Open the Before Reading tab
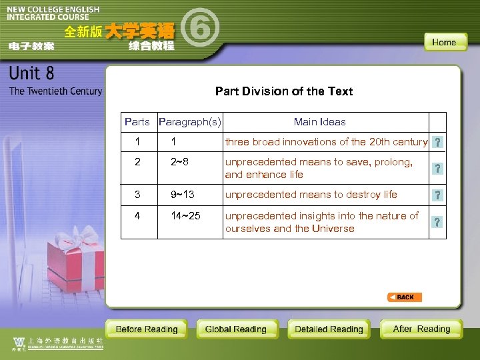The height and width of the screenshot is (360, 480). [147, 329]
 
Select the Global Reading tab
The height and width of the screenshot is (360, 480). [236, 329]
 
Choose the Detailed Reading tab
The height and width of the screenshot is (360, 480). [329, 329]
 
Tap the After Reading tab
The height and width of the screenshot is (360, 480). [421, 329]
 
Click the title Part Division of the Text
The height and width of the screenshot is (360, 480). [284, 91]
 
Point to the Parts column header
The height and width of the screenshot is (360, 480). [137, 121]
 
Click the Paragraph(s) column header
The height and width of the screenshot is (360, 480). [190, 121]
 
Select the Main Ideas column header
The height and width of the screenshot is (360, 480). [320, 121]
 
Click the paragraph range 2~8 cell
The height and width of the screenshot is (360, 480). [180, 161]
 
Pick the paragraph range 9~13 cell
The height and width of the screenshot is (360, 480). [183, 194]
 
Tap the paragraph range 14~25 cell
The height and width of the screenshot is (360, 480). [185, 215]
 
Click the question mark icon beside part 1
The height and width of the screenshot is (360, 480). [437, 142]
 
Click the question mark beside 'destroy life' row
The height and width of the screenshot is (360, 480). [437, 195]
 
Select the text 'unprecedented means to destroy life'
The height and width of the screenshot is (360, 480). [311, 194]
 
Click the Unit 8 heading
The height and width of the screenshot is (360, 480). [32, 73]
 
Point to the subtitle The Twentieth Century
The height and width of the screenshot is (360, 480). [56, 91]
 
